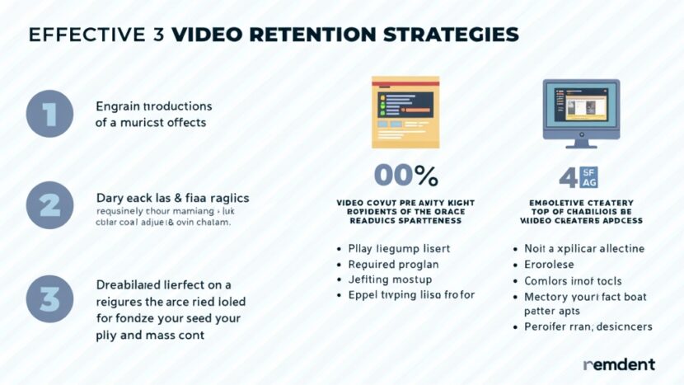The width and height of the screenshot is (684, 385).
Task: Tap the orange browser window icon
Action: (x=405, y=111)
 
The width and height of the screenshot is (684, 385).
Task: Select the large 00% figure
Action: (x=405, y=176)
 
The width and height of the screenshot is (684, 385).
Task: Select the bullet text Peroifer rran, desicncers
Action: (x=588, y=326)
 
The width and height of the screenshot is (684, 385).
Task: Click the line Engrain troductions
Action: (x=154, y=106)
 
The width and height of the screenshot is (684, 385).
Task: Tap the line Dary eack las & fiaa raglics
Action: (x=172, y=199)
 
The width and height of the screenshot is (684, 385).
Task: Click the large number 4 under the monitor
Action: (x=568, y=176)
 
